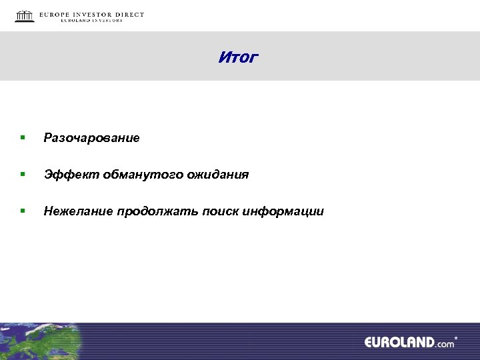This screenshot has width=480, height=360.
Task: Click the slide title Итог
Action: pos(237,57)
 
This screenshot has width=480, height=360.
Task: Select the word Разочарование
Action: pos(91,138)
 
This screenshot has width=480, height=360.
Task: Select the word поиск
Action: pos(221,211)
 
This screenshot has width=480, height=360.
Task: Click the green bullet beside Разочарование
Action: pos(22,138)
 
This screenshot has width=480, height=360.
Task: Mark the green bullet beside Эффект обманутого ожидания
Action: pos(22,175)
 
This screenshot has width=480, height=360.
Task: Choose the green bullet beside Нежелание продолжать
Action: pos(22,211)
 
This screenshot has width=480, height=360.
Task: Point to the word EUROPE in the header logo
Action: pos(56,15)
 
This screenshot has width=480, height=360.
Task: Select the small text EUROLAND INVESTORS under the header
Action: pos(91,21)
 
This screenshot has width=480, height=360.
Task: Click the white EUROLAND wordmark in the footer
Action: pos(399,343)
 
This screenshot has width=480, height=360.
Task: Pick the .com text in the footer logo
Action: pos(445,344)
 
